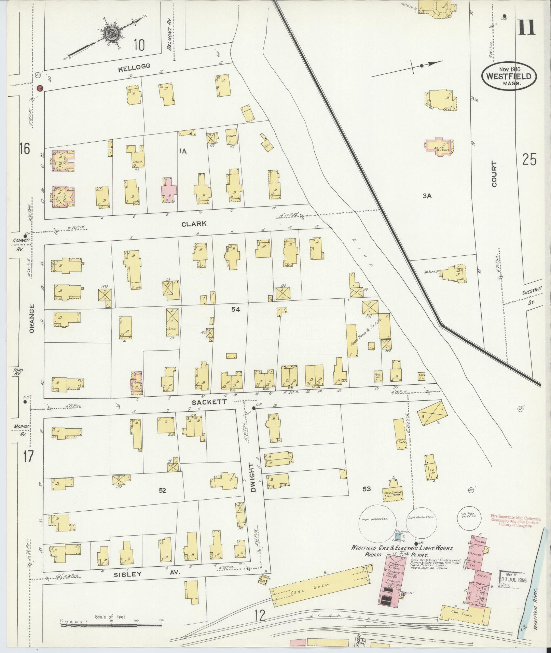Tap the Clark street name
point(194,224)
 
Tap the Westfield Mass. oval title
point(509,77)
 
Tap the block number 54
point(236,309)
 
